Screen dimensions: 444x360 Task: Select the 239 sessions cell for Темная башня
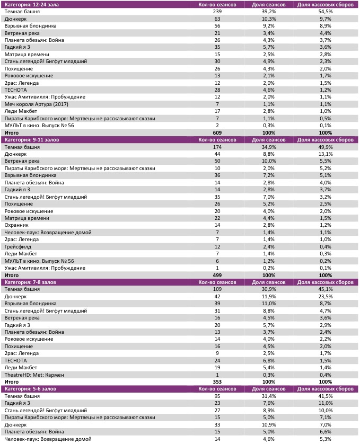coord(216,11)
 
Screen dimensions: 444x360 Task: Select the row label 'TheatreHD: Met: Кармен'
coord(34,375)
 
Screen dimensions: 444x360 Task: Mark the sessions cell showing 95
coord(216,396)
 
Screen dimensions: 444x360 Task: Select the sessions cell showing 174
coord(216,146)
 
